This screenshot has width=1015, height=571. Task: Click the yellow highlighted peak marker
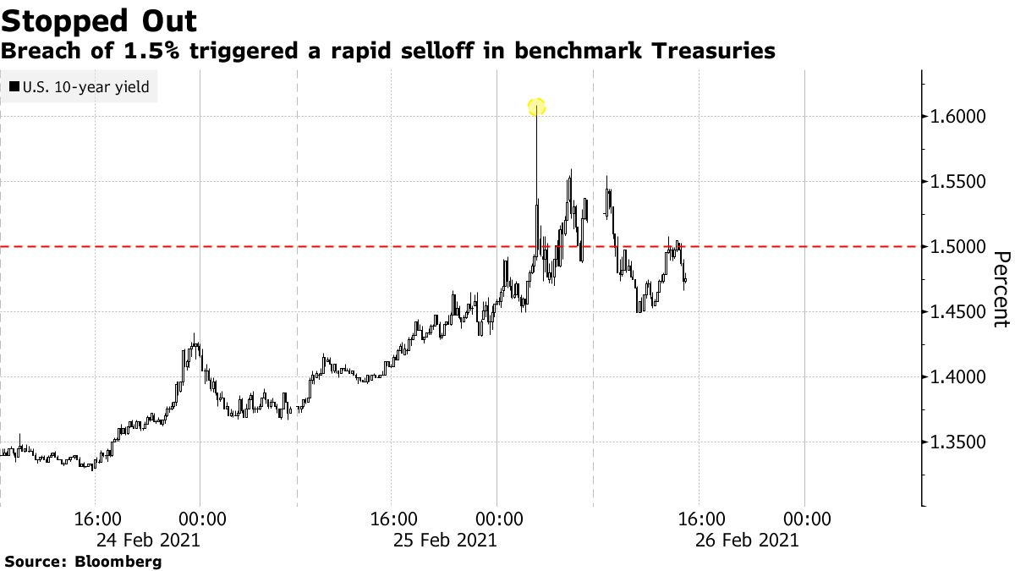tap(536, 107)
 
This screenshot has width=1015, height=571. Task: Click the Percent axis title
tap(1001, 289)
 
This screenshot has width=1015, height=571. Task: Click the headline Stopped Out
tap(100, 20)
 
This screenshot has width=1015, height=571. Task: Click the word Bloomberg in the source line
tap(118, 561)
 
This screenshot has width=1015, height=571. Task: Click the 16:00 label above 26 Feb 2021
tap(701, 519)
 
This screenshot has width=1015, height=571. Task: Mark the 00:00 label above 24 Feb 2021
tap(200, 519)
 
